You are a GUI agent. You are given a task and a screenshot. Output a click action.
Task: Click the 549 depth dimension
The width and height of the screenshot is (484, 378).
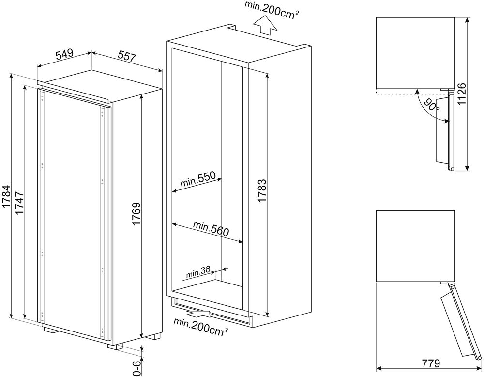64,54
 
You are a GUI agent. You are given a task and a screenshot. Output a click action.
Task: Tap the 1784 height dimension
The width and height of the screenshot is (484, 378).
6,197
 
